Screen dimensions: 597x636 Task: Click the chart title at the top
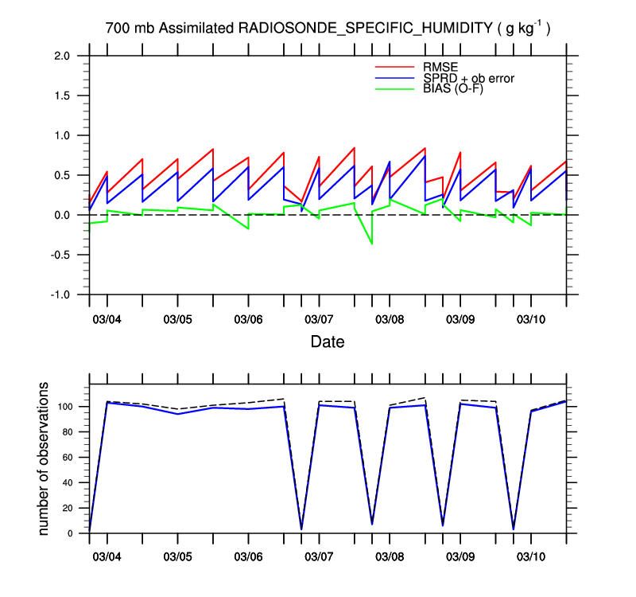coord(328,29)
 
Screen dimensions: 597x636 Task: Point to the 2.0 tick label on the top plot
coord(62,56)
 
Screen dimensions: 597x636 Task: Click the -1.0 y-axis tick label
coord(60,295)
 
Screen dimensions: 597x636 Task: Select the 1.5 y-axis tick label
coord(62,96)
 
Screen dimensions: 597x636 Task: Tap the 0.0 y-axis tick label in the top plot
coord(62,215)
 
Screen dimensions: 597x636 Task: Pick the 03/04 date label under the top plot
coord(107,319)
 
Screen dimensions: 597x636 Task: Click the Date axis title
coord(328,343)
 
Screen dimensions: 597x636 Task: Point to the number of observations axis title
coord(45,459)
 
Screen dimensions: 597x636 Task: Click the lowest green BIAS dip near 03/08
coord(372,244)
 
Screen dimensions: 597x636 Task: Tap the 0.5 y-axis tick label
coord(62,175)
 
